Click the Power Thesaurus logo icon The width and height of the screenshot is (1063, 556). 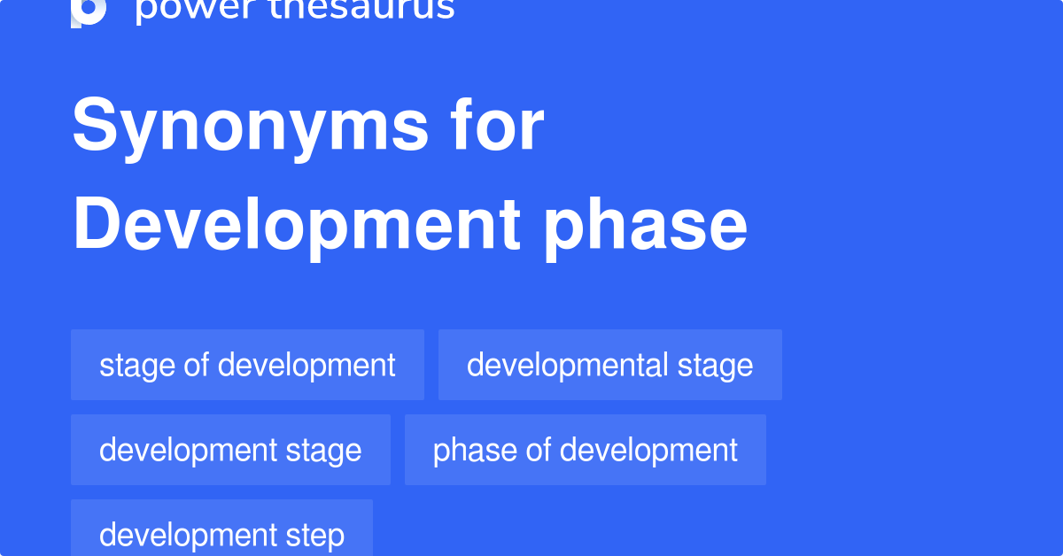tap(89, 11)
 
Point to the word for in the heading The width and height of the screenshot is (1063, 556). tap(504, 126)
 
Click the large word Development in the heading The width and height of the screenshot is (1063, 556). tap(296, 225)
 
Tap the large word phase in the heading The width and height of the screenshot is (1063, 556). tap(646, 225)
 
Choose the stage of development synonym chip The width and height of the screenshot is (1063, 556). tap(247, 365)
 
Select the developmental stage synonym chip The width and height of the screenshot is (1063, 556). tap(609, 365)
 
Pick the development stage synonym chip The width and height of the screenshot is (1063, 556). tap(230, 450)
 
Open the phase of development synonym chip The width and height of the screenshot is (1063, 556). tap(585, 450)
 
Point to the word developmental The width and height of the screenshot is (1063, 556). tap(568, 365)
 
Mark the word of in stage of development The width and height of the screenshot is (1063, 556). tap(196, 365)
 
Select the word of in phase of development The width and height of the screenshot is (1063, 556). tap(539, 450)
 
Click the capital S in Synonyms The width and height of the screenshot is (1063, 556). tap(94, 127)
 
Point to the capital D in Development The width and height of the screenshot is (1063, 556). tap(96, 225)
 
